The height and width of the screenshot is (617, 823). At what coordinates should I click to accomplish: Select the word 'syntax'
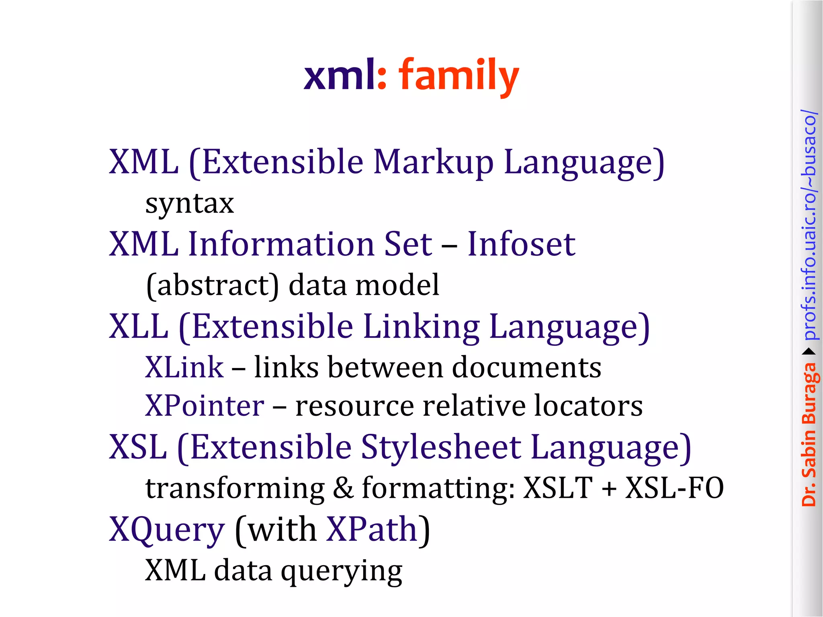point(190,204)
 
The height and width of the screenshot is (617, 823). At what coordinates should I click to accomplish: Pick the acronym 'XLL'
point(139,326)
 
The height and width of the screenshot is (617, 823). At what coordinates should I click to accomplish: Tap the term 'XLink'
point(184,367)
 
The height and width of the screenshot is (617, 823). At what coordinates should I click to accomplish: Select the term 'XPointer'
point(205,406)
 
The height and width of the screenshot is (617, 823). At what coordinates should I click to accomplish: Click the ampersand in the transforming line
point(343,488)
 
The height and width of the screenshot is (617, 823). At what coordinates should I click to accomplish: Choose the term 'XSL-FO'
point(674,488)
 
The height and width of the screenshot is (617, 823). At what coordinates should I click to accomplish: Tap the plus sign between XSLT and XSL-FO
point(609,488)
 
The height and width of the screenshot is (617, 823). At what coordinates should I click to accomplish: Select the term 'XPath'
point(372,529)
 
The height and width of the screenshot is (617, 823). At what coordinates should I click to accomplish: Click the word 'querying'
point(341,571)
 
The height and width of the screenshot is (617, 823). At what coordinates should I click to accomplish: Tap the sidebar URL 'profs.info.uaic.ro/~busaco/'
point(809,225)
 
